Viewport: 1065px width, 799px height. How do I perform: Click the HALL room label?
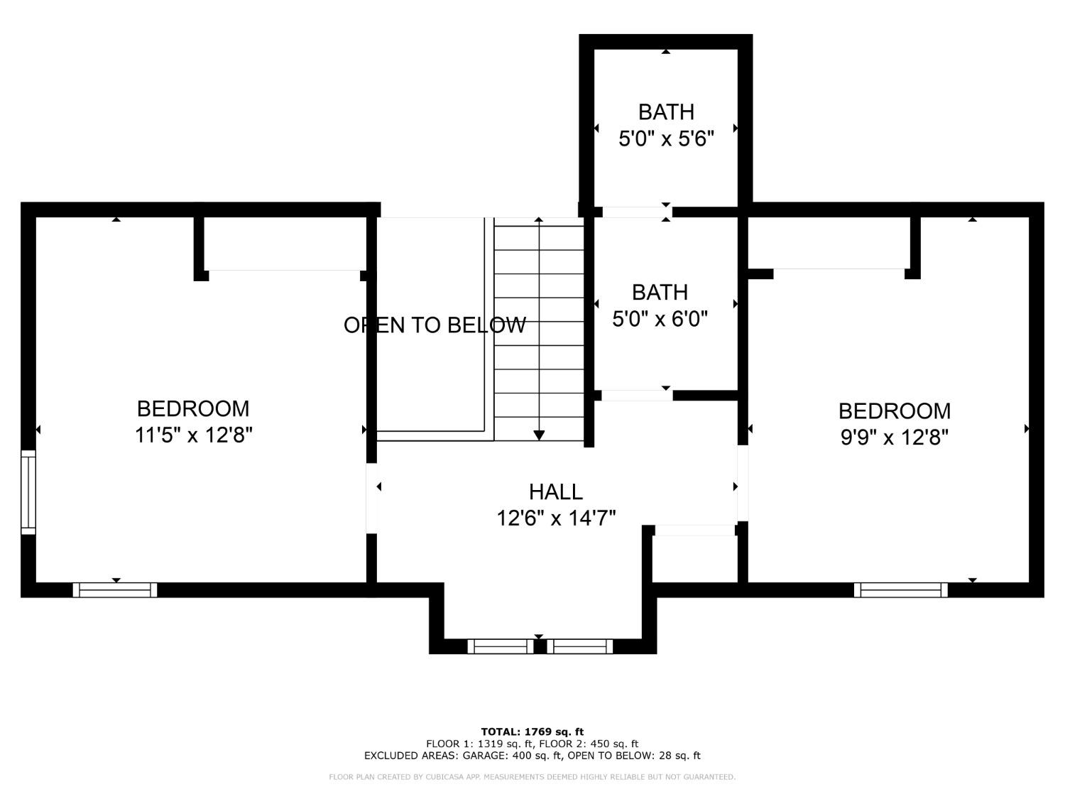click(x=555, y=491)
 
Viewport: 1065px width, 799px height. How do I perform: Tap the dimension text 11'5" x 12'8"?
click(x=194, y=435)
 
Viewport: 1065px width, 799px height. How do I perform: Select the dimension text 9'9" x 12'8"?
click(x=895, y=437)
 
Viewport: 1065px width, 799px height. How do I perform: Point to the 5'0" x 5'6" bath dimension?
click(x=665, y=138)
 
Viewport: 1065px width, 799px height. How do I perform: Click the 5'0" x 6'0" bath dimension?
click(x=660, y=319)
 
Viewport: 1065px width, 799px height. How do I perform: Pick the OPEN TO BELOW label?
click(x=435, y=325)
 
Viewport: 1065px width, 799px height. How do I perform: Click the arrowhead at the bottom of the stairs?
click(x=539, y=435)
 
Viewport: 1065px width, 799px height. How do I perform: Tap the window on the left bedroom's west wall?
click(x=28, y=491)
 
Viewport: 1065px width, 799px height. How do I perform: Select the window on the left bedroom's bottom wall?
click(x=115, y=589)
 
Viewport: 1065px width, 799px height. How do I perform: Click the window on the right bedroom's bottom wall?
click(x=900, y=589)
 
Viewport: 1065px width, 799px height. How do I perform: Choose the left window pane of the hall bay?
click(x=500, y=646)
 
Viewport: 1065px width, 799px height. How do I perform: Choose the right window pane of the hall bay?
click(x=579, y=646)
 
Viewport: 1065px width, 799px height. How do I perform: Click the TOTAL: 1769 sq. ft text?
click(x=532, y=732)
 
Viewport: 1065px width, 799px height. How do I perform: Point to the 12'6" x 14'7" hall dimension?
click(x=555, y=518)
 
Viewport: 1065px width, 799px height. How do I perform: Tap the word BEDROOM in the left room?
click(x=193, y=409)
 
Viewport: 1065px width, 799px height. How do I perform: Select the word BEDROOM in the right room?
click(x=894, y=411)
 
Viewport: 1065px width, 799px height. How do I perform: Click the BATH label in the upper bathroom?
click(x=665, y=112)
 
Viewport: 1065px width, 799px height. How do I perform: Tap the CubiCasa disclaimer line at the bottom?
click(x=532, y=777)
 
